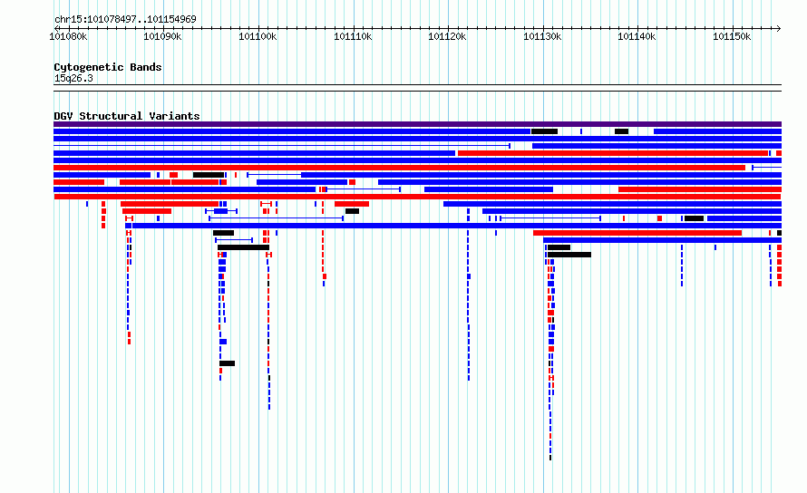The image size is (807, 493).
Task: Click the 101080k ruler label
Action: point(68,36)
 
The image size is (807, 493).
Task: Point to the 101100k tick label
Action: point(258,36)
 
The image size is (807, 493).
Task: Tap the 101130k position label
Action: point(542,36)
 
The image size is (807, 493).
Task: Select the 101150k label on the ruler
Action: point(732,36)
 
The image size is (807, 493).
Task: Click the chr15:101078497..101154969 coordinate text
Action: point(125,20)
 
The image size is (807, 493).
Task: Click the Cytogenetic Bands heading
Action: point(108,67)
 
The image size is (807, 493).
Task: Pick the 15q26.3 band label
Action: point(73,78)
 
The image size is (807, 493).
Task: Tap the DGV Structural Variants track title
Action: point(127,116)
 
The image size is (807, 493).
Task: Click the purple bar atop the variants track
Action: point(417,124)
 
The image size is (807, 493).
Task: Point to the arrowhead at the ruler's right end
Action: point(779,28)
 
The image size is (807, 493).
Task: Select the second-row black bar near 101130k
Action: point(545,131)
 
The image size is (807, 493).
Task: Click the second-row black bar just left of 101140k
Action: point(621,131)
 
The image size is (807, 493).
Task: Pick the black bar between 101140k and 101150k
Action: point(694,218)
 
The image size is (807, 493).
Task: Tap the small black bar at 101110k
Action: point(352,211)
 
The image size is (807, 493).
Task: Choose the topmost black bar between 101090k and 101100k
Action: point(209,175)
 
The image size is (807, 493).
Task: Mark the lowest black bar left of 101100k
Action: point(227,363)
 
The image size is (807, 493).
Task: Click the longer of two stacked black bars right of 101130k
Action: point(569,255)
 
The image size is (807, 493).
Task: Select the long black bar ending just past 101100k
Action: point(243,247)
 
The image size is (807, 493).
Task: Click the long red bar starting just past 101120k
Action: point(613,153)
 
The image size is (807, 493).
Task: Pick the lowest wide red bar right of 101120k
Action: point(637,233)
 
